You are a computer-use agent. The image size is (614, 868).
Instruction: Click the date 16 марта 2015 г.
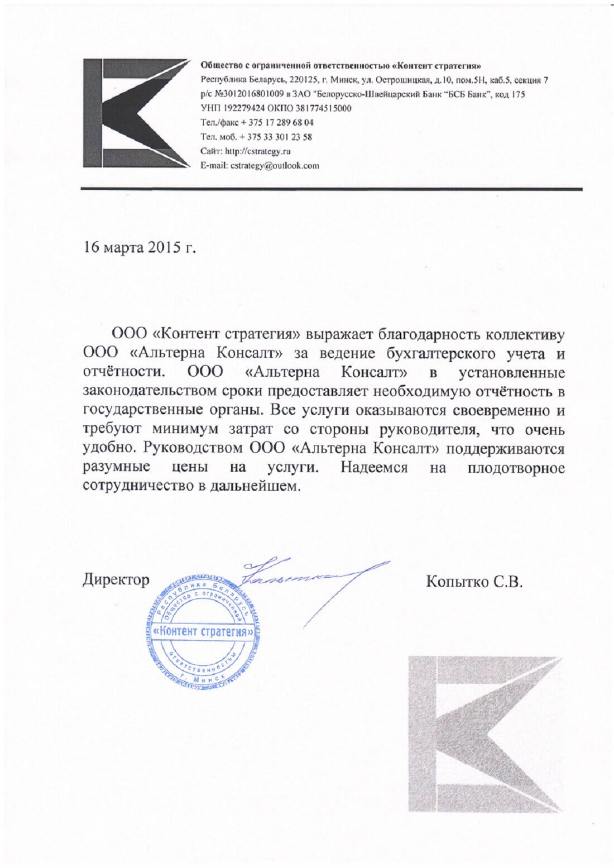140,247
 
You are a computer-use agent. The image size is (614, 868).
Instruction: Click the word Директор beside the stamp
116,580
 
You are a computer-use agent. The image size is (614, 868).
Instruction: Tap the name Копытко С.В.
473,582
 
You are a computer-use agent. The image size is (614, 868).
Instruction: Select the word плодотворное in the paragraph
516,468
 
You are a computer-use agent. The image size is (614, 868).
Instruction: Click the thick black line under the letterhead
332,190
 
